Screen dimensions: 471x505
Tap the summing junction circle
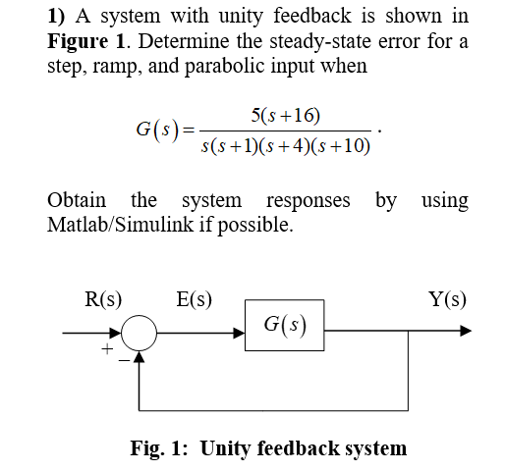pyautogui.click(x=140, y=331)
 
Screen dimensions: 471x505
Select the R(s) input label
pyautogui.click(x=102, y=298)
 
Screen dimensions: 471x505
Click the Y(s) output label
pyautogui.click(x=447, y=298)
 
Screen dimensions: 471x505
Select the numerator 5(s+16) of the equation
pyautogui.click(x=285, y=115)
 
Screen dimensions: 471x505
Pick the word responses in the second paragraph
pyautogui.click(x=307, y=200)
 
